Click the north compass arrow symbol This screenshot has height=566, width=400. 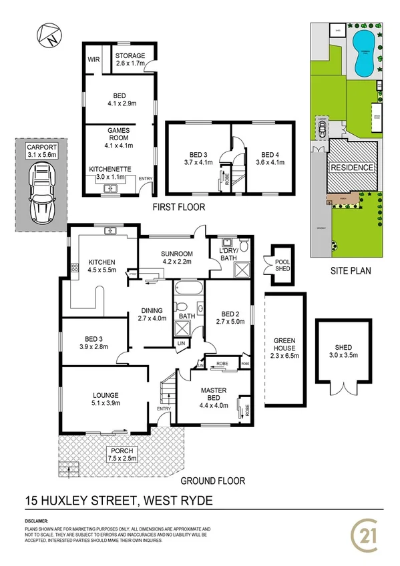click(x=49, y=36)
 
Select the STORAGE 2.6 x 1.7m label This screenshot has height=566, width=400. click(x=130, y=59)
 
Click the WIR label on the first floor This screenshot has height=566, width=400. click(x=93, y=59)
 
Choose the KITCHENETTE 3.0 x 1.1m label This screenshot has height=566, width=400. click(x=110, y=174)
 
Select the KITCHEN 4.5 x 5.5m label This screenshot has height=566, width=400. click(x=100, y=266)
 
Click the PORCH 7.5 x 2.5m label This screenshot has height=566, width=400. click(x=123, y=455)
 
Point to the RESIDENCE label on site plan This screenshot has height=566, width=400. click(x=352, y=168)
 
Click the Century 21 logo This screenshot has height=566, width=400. click(x=366, y=533)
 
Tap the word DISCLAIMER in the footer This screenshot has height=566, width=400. click(x=39, y=519)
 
